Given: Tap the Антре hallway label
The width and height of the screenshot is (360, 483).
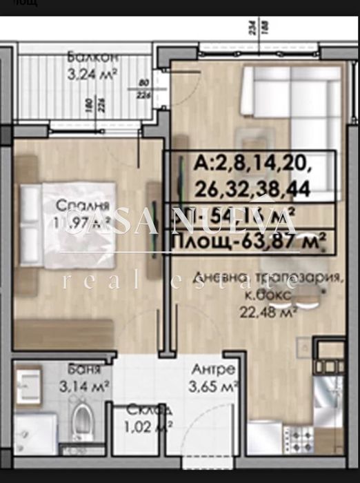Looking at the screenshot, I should [x=210, y=369].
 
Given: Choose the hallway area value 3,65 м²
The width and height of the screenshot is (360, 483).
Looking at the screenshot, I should [x=213, y=385].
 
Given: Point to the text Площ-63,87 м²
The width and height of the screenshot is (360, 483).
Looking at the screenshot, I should [x=248, y=243].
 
